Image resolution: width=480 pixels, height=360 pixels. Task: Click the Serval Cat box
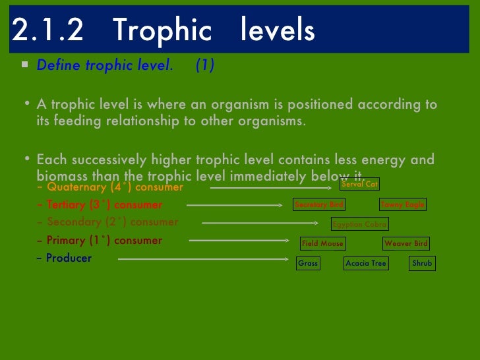click(359, 184)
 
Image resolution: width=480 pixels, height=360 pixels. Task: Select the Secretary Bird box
click(319, 204)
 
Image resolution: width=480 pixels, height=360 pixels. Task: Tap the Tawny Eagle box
click(402, 204)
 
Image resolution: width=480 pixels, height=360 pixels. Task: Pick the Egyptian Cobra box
click(359, 224)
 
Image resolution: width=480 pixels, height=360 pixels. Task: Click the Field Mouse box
click(322, 243)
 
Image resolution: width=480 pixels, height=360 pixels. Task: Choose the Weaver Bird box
click(406, 243)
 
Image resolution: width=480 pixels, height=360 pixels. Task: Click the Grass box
click(308, 263)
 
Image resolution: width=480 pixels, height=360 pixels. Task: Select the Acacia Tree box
click(366, 263)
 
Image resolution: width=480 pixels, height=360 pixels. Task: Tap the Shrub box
click(422, 263)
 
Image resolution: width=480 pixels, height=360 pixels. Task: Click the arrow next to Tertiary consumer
click(234, 205)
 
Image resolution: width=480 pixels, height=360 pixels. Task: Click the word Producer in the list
click(69, 258)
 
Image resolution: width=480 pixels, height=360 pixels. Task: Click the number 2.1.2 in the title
click(47, 30)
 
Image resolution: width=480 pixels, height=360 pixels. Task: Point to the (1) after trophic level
click(204, 65)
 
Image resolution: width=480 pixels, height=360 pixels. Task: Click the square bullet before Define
click(24, 65)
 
